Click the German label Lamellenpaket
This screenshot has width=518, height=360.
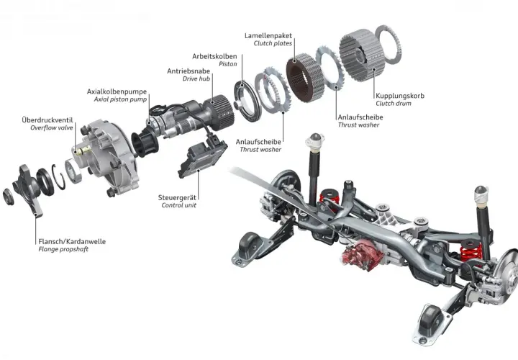[x=268, y=35]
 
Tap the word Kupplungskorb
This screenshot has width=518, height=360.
[x=400, y=96]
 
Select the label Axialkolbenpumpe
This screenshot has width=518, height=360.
[x=117, y=91]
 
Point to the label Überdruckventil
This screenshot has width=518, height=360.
[x=47, y=120]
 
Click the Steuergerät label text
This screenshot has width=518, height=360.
[x=177, y=198]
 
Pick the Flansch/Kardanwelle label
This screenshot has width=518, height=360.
[x=72, y=241]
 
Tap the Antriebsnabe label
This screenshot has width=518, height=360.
[x=188, y=71]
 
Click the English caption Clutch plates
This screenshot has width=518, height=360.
[x=273, y=43]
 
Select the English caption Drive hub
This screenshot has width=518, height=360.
[x=196, y=78]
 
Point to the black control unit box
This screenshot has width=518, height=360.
[x=202, y=158]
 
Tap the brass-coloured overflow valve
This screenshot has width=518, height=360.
[x=83, y=150]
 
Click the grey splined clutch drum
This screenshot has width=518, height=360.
[x=362, y=55]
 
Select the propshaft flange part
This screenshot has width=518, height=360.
[x=29, y=190]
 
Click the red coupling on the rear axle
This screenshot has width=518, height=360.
[x=363, y=253]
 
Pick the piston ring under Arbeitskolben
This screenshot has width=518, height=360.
[x=248, y=101]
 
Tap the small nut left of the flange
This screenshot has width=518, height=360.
[x=8, y=197]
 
